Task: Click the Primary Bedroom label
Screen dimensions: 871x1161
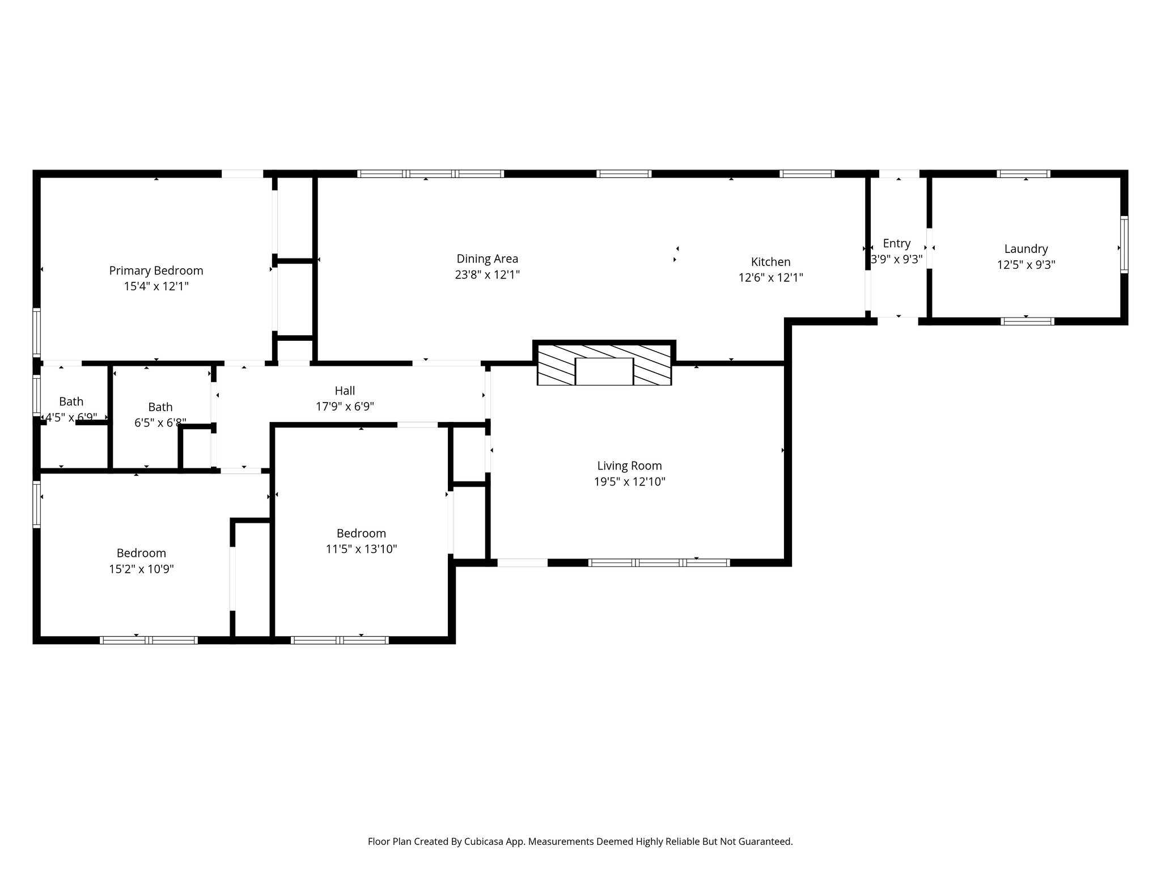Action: click(x=156, y=270)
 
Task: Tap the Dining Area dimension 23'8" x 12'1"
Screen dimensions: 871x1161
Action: click(x=487, y=275)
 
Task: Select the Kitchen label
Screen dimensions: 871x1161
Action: click(x=770, y=262)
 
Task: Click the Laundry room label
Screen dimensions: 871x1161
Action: click(x=1026, y=248)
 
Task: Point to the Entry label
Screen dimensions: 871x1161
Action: click(x=896, y=243)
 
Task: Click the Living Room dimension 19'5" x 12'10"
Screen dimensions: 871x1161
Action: click(x=629, y=482)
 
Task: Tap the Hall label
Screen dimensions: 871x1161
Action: click(x=345, y=391)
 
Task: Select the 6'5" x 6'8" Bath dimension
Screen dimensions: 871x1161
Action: click(x=160, y=423)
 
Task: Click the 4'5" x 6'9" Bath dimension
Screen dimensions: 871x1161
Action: click(x=71, y=417)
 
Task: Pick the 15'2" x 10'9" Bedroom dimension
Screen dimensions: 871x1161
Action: click(x=141, y=569)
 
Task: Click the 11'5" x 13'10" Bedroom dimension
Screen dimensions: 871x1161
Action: click(x=361, y=549)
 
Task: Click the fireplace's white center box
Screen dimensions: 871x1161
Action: click(x=604, y=371)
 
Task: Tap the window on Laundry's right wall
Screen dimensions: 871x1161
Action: click(x=1124, y=244)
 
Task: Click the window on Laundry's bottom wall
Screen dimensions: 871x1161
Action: click(x=1027, y=322)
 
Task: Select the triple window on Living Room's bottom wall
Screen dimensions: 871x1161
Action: click(x=658, y=563)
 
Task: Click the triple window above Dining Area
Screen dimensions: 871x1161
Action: click(x=431, y=174)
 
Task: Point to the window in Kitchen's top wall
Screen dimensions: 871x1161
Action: click(x=806, y=174)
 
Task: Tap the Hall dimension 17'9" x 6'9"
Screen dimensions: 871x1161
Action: click(x=345, y=407)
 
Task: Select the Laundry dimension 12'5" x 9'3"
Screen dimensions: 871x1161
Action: click(x=1026, y=265)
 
